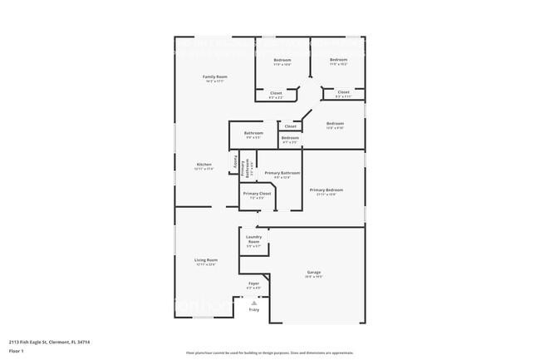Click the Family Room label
point(215,76)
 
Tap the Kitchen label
point(204,164)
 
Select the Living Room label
point(205,260)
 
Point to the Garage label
point(313,272)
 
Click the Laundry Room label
point(253,239)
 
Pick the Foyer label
point(253,284)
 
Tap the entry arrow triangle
point(253,303)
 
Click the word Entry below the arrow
point(253,310)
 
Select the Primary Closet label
point(257,193)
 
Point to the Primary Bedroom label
point(326,190)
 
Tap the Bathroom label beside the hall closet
point(253,133)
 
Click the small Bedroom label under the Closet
point(289,138)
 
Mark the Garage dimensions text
point(313,277)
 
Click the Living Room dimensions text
point(205,265)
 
